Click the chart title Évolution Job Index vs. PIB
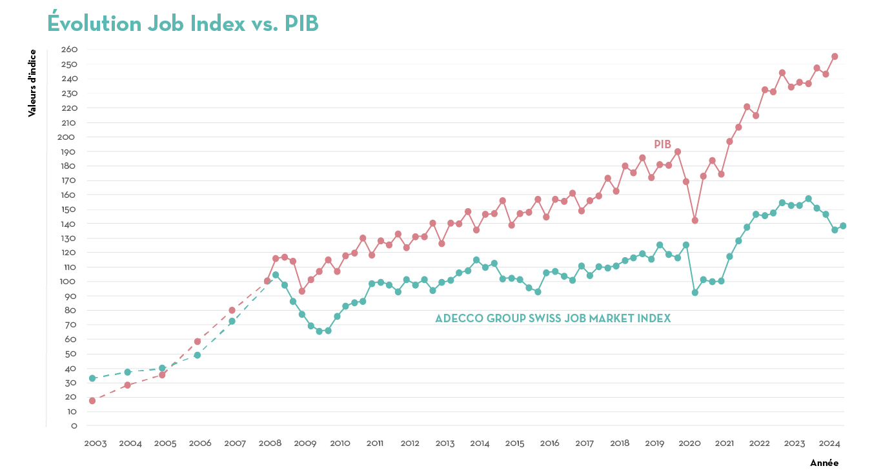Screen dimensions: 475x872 click(183, 23)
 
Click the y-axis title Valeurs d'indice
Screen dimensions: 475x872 click(32, 83)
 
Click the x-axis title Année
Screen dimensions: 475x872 click(824, 463)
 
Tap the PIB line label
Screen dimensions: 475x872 click(662, 144)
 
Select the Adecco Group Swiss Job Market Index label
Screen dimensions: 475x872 click(553, 318)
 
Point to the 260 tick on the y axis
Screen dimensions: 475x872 click(70, 50)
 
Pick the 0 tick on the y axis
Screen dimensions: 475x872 click(74, 426)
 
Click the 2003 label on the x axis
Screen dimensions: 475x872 click(96, 443)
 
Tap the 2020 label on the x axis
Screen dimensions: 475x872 click(690, 443)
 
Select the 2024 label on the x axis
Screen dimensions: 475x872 click(829, 443)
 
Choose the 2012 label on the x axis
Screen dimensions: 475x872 click(411, 443)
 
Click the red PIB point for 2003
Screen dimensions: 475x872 click(92, 401)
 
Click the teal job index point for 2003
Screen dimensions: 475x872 click(92, 378)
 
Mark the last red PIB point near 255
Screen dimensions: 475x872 click(835, 57)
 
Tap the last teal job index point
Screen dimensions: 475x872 click(843, 226)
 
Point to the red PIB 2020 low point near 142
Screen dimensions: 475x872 click(695, 220)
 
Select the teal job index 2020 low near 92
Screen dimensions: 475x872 click(695, 293)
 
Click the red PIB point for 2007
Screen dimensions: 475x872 click(232, 310)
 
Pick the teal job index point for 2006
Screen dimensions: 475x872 click(197, 355)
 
